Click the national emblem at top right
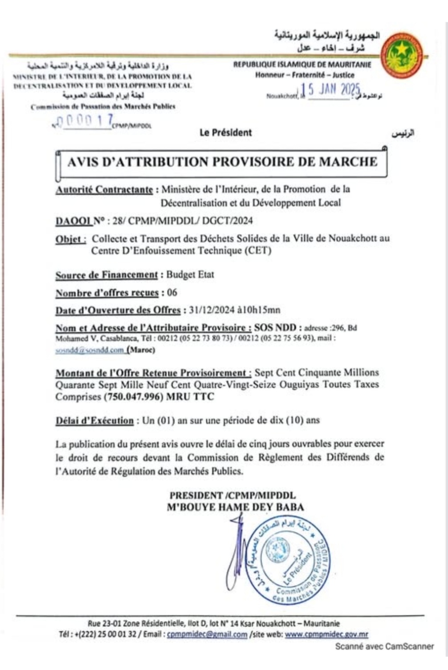tap(403, 57)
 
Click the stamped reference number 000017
tap(85, 121)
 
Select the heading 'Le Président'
tap(225, 133)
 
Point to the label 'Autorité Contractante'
tap(104, 190)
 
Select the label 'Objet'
tap(70, 239)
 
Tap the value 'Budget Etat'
tap(190, 275)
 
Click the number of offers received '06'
tap(172, 293)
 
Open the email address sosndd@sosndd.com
tap(89, 350)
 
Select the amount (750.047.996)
tap(133, 397)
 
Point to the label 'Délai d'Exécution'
tap(94, 420)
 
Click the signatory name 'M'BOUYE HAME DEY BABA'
tap(235, 507)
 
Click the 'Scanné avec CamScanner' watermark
tap(384, 646)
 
